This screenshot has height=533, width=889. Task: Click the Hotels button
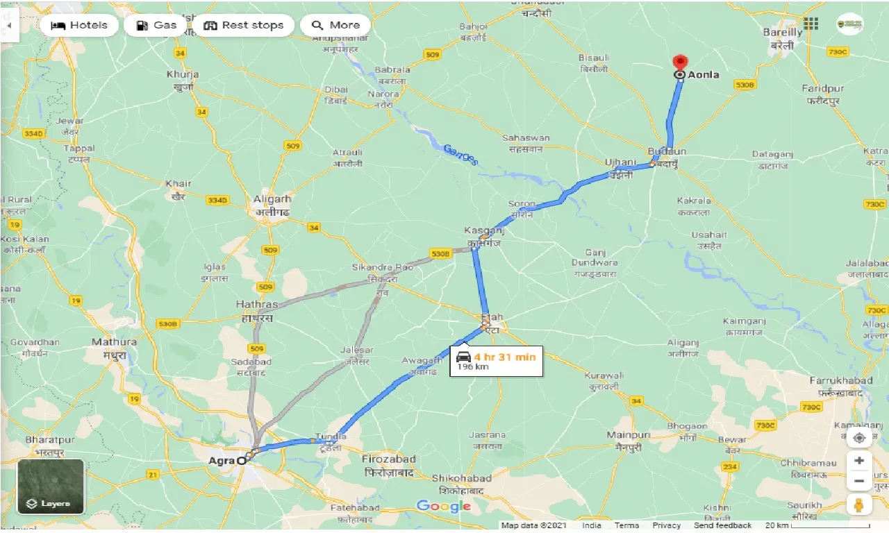(80, 26)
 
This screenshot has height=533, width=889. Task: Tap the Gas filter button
(156, 26)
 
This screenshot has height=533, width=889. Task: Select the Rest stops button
(244, 26)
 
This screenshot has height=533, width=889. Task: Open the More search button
(335, 26)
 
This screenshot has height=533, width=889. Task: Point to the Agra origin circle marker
(241, 460)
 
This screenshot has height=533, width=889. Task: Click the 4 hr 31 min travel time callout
(496, 360)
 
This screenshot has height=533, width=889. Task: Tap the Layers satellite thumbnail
(51, 487)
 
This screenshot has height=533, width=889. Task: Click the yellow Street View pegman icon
(859, 505)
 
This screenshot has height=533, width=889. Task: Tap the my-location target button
(859, 438)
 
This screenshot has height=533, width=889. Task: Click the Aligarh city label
(272, 199)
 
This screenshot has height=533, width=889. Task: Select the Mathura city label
(115, 342)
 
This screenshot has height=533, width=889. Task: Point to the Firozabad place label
(390, 459)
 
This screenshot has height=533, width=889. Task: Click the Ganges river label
(460, 154)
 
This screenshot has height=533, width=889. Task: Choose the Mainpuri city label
(627, 435)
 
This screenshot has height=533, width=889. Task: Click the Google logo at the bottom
(443, 506)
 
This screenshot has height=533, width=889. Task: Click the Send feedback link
(724, 526)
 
